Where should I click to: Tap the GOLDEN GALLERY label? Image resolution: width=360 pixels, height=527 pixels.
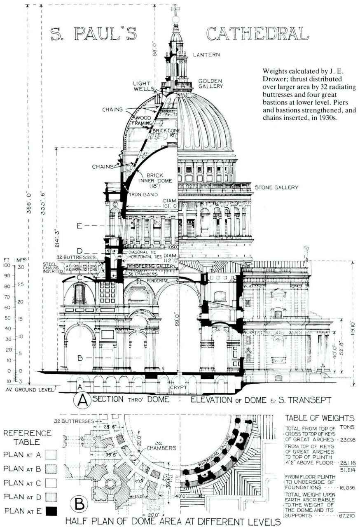(210, 84)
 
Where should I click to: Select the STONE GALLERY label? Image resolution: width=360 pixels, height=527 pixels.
(276, 188)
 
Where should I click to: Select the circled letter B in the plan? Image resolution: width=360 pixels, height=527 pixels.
(79, 503)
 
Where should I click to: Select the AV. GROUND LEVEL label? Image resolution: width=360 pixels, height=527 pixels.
(28, 389)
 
